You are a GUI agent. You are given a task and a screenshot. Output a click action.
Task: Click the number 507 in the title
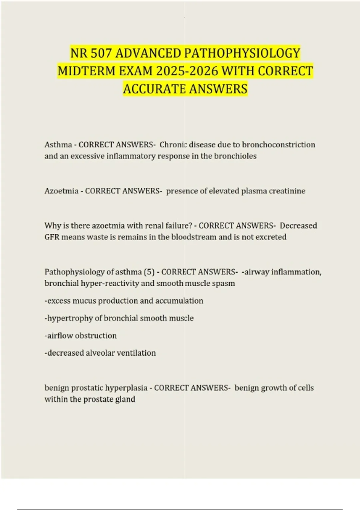(101, 53)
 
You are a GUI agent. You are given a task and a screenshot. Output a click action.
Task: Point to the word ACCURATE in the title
(154, 89)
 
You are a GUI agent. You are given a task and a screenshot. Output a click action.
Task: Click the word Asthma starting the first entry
(58, 145)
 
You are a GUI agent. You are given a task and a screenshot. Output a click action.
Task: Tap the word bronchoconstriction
(278, 145)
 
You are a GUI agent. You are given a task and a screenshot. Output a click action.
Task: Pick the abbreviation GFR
(52, 237)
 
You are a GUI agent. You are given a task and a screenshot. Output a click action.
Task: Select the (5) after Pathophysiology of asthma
(149, 272)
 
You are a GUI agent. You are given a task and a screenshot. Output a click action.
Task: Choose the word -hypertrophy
(68, 318)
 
